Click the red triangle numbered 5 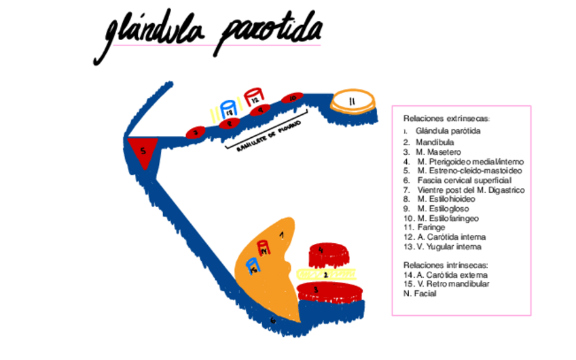[x=143, y=151]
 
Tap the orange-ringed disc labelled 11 [x=352, y=102]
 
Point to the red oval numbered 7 [x=196, y=132]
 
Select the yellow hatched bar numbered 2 [x=327, y=274]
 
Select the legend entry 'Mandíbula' [x=428, y=143]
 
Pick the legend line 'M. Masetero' [x=431, y=152]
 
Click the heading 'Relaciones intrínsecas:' [x=446, y=265]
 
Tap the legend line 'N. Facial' [x=420, y=293]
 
